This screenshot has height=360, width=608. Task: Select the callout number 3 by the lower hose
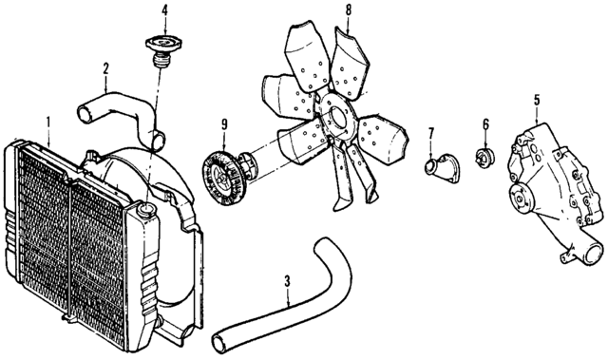pyautogui.click(x=287, y=281)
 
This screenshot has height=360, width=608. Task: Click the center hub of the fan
pyautogui.click(x=334, y=119)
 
